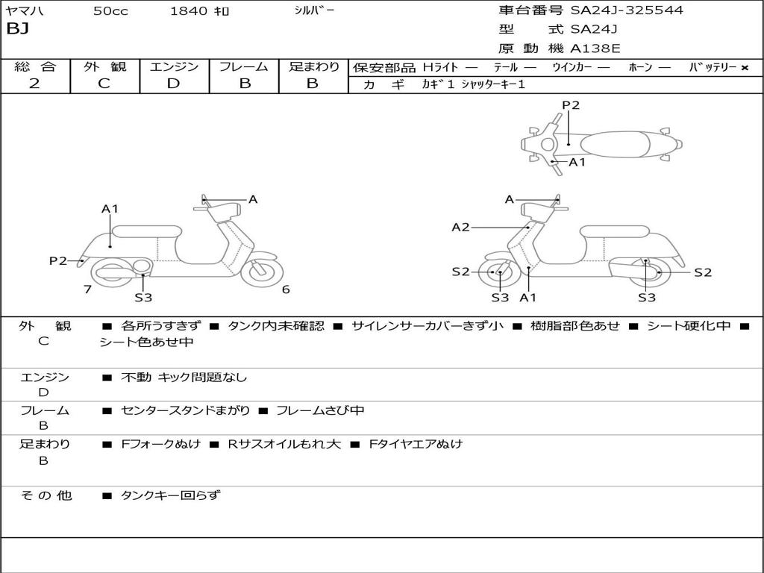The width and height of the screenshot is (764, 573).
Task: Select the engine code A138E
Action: (x=595, y=49)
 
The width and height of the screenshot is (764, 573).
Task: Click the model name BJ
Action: (x=16, y=30)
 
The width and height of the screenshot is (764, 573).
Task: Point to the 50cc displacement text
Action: (x=110, y=11)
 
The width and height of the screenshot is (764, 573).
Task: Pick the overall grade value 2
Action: (x=34, y=84)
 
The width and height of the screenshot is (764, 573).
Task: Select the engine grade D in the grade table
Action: (x=174, y=84)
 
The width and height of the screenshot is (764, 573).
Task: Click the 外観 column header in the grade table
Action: (x=104, y=66)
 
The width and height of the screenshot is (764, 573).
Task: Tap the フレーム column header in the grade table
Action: (x=243, y=66)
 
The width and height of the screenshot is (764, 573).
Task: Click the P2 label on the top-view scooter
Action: (x=571, y=105)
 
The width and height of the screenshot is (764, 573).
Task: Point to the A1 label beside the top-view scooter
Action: (x=577, y=162)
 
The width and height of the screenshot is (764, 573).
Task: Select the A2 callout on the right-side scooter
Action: (x=461, y=227)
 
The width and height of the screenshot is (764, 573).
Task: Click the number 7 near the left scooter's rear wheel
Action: (x=88, y=289)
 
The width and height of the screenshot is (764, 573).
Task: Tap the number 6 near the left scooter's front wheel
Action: (x=286, y=289)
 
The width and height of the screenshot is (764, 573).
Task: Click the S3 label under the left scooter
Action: (x=143, y=298)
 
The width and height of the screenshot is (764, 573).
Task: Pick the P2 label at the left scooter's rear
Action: (x=58, y=260)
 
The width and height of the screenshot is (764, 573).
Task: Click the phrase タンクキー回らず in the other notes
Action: (x=170, y=495)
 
